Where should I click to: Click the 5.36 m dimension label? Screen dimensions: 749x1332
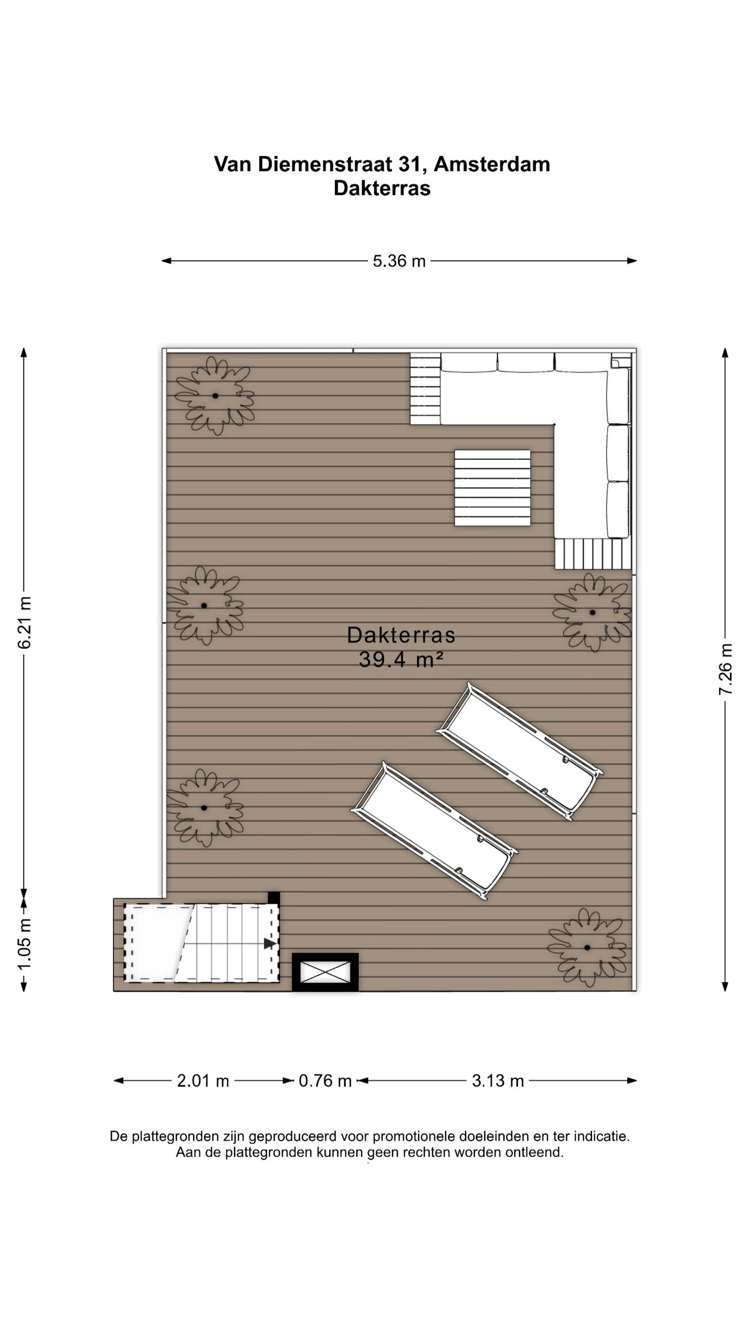[x=399, y=261]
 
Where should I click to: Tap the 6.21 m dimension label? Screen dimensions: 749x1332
[x=25, y=623]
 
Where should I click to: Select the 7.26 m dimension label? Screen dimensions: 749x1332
[x=726, y=669]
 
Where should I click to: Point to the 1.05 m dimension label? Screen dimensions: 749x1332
[x=25, y=944]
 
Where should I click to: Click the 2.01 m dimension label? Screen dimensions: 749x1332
[x=203, y=1081]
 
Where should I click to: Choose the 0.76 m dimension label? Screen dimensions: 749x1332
[x=325, y=1081]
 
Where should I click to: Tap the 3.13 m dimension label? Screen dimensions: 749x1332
[x=498, y=1081]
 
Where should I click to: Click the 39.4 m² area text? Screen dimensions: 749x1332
[x=401, y=660]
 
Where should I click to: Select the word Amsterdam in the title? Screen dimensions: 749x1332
[x=492, y=164]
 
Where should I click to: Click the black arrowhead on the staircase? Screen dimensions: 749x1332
[x=270, y=943]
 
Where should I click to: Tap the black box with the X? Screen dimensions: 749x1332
[x=325, y=972]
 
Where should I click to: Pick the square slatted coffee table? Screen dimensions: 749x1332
[x=492, y=488]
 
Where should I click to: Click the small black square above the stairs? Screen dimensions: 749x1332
[x=274, y=898]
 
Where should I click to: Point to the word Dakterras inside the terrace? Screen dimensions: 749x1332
[x=401, y=635]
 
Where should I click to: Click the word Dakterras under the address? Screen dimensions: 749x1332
[x=382, y=188]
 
